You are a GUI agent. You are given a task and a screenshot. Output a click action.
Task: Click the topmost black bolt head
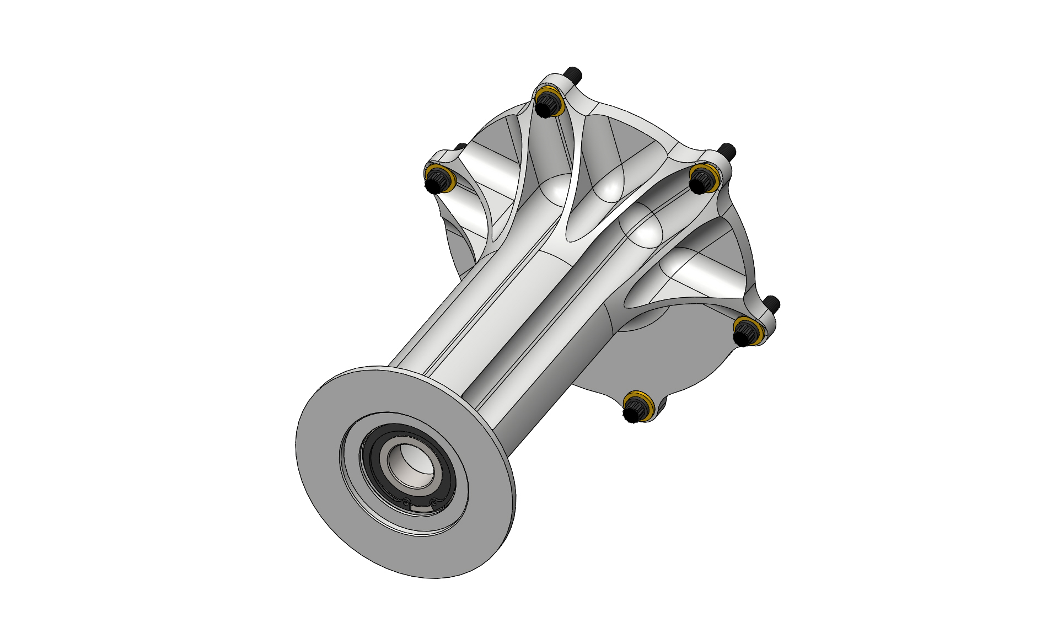tap(547, 103)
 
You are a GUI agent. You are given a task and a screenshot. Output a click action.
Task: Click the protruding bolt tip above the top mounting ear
tap(573, 73)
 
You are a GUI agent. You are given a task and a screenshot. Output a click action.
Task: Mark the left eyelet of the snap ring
tap(406, 503)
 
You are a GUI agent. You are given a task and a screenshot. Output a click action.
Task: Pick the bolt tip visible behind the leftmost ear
tap(459, 147)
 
